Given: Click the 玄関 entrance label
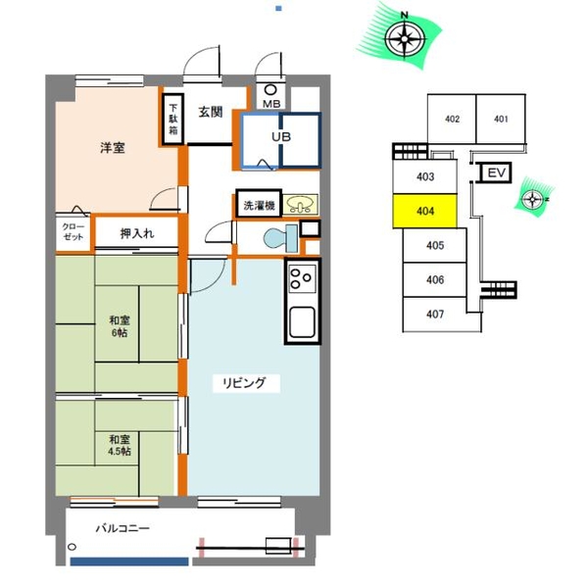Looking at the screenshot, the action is (211, 112).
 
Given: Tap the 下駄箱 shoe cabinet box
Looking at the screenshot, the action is (172, 120).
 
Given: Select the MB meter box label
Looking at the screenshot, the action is (271, 104).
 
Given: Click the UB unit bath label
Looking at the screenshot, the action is (281, 137).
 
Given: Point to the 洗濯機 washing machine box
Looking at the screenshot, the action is (259, 205).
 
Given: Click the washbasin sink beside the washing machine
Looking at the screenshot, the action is (300, 205).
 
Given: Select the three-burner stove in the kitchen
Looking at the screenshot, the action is (302, 278).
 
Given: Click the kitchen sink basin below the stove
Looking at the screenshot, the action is (302, 321).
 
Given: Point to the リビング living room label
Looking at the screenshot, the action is (244, 383).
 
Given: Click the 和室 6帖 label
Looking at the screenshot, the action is (120, 326).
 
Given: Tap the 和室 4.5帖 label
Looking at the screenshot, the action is (120, 445).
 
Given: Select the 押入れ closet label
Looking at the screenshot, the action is (137, 233).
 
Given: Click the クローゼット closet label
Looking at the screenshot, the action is (73, 231).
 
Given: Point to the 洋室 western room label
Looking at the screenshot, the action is (113, 148).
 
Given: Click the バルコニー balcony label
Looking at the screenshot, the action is (122, 528).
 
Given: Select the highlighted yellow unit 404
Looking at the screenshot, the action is (425, 211).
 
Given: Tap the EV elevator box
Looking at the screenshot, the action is (496, 172).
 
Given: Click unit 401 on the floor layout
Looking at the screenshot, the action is (501, 119).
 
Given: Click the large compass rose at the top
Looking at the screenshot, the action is (404, 38).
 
